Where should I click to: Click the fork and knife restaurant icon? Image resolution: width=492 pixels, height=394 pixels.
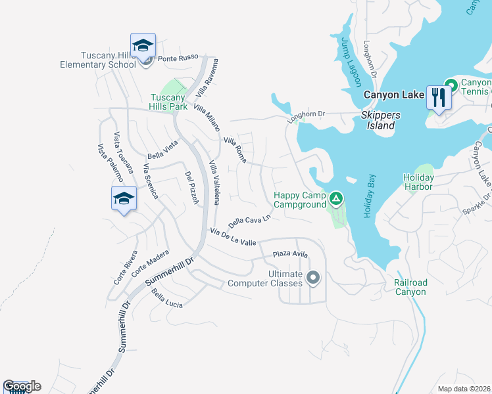click(x=437, y=98)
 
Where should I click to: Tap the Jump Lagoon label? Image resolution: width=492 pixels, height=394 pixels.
click(x=351, y=61)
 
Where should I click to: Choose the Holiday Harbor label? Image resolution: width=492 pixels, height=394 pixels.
click(x=418, y=182)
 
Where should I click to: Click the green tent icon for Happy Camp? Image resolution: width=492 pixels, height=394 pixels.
click(x=336, y=198)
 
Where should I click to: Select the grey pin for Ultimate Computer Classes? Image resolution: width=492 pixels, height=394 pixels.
click(x=313, y=278)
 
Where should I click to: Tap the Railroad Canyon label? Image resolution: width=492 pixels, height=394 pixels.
click(x=410, y=287)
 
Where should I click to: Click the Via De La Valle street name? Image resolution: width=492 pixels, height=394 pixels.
click(x=233, y=237)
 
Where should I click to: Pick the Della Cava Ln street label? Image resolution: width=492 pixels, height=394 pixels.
click(x=249, y=220)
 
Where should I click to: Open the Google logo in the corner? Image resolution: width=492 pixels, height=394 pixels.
click(x=22, y=386)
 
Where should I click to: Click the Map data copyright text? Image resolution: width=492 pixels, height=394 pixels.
click(x=463, y=389)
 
